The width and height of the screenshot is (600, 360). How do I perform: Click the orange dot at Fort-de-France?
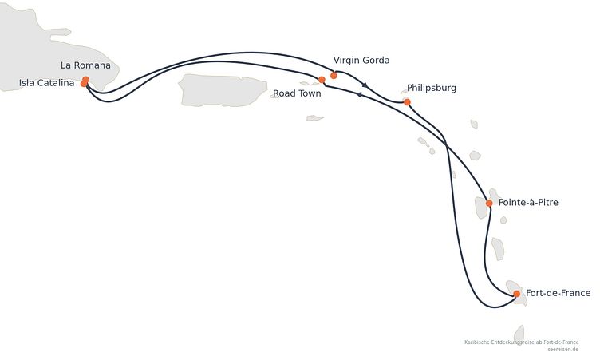516,294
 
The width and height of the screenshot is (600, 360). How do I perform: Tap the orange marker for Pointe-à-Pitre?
489,203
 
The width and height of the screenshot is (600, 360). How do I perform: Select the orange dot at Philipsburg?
407,102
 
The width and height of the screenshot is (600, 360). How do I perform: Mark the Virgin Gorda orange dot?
334,76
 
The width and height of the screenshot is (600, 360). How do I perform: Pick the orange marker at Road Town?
322,80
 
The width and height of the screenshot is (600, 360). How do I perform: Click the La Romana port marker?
85,80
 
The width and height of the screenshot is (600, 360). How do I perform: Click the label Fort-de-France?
558,293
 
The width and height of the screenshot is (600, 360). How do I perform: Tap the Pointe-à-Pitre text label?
528,202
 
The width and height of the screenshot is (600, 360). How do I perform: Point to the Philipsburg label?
432,88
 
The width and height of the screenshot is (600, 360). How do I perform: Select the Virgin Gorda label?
361,60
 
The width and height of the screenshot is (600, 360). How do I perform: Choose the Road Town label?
297,93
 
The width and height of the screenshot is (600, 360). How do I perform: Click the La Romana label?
85,65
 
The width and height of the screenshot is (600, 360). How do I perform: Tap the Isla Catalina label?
47,83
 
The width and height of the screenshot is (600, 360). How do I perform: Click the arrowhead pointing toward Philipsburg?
365,85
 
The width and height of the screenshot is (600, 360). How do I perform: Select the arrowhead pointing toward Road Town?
359,94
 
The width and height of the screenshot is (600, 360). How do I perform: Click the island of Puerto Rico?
223,90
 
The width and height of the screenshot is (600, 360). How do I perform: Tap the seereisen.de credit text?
562,350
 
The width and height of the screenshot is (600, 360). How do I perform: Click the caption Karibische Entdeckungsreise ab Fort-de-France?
522,342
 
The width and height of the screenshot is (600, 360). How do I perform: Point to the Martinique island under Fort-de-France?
517,293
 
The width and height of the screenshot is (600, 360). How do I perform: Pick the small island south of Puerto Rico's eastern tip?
314,118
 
